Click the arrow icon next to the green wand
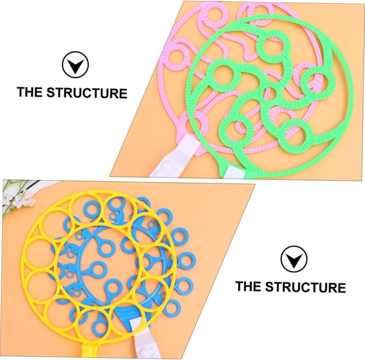click(75, 65)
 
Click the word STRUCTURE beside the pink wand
click(87, 93)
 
